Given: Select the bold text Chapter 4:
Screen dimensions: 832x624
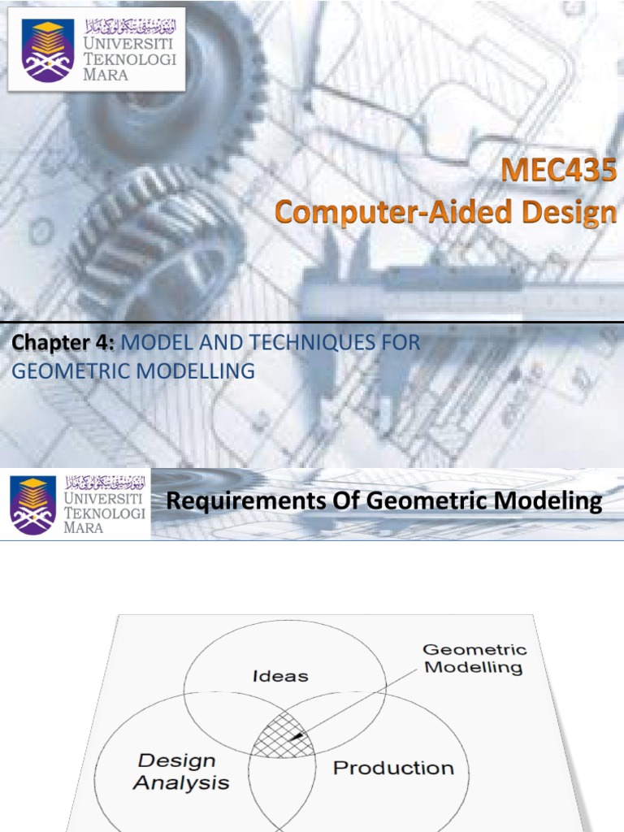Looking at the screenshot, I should click(x=63, y=344).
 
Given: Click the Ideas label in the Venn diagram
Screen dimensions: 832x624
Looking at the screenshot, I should click(x=282, y=676).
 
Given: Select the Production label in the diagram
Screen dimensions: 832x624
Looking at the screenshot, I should click(x=393, y=768).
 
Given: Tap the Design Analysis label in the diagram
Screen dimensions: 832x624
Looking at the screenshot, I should click(x=181, y=772).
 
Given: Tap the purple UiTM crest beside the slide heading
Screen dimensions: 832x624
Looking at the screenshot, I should click(x=33, y=505).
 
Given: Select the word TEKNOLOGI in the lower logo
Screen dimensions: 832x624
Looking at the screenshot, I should click(x=105, y=513).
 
